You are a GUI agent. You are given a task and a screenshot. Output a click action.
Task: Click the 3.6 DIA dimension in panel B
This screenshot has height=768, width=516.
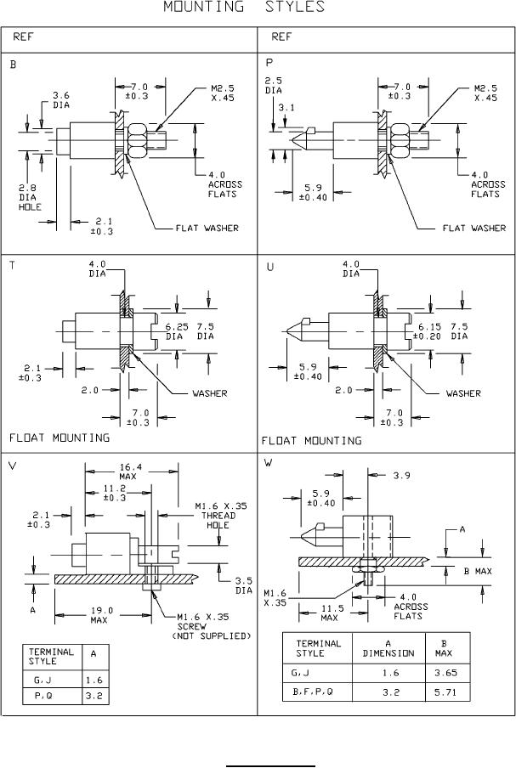[x=60, y=99]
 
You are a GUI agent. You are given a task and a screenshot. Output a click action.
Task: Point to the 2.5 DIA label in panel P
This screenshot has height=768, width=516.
[x=273, y=85]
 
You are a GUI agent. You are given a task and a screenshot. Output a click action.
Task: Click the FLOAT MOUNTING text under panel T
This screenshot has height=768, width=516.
[x=60, y=438]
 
